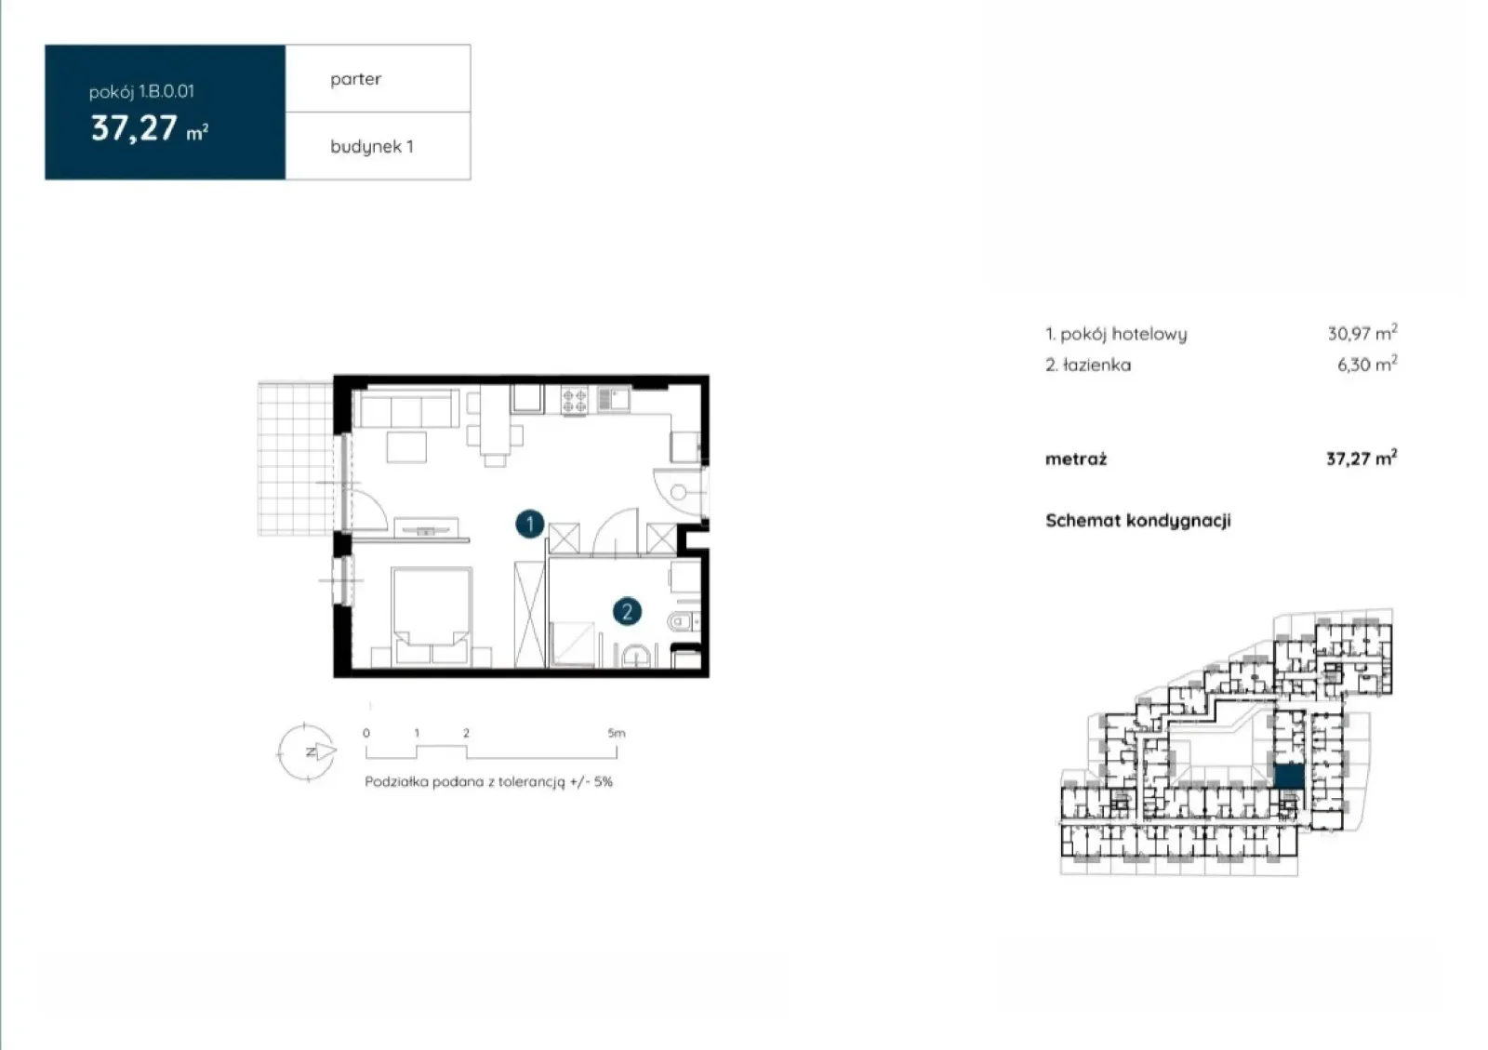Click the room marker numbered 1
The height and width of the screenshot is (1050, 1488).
[529, 524]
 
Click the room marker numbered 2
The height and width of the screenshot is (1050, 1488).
[627, 611]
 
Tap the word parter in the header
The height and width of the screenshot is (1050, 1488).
[355, 79]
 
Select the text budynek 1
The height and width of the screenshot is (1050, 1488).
[372, 146]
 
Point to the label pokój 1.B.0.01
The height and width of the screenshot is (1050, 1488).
[141, 92]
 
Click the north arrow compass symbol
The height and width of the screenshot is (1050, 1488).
[306, 751]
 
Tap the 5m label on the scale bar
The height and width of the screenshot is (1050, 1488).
[617, 733]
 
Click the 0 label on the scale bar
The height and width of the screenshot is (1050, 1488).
[366, 733]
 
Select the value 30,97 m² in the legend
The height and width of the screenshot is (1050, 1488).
[1362, 332]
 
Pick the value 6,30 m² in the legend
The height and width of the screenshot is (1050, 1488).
[1367, 364]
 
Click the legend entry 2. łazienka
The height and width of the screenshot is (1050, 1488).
[1088, 365]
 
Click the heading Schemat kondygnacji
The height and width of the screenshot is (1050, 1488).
[1138, 521]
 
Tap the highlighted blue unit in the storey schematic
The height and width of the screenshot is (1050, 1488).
[1289, 777]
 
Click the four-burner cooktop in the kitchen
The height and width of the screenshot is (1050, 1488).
[574, 401]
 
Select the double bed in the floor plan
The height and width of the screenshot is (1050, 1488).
[432, 616]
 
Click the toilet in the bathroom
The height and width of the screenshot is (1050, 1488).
[684, 621]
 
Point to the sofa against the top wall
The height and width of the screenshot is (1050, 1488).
[406, 407]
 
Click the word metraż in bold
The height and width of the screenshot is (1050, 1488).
[1076, 459]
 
